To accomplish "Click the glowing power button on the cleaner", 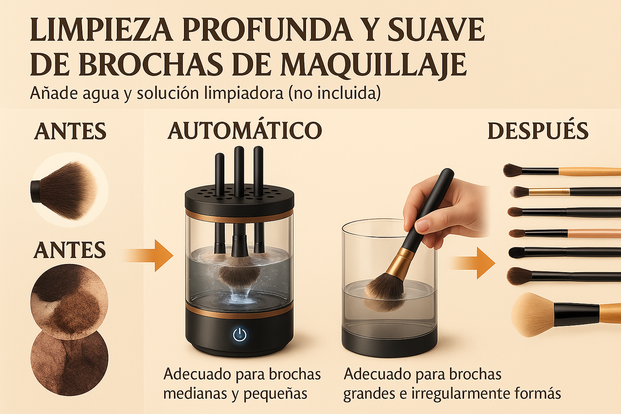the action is (x=239, y=335).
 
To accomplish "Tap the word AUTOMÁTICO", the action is (x=245, y=130).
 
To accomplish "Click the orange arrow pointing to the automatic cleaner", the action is (x=148, y=255).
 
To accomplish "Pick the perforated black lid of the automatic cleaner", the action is (x=239, y=199).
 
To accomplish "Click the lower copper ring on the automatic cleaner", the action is (x=239, y=310).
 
